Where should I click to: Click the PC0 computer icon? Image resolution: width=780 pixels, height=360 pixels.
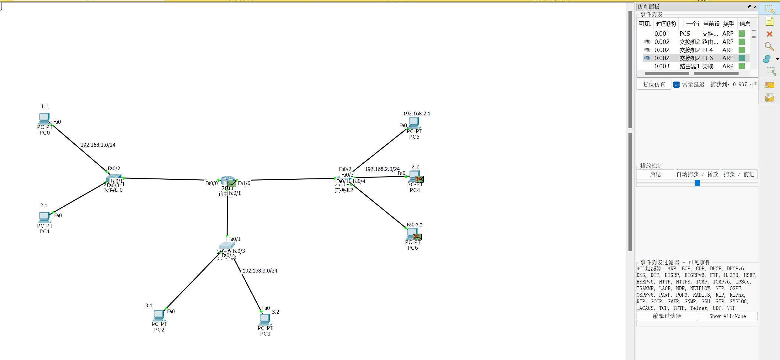coord(44,119)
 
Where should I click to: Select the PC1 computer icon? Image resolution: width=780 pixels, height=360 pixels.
coord(44,217)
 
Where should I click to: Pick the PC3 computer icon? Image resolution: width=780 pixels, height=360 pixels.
coord(265,319)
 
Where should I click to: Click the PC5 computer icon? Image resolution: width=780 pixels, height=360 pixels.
coord(414,122)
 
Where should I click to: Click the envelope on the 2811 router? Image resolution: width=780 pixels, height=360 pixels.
coord(232,183)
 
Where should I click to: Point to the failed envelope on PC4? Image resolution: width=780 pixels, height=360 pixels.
coord(419,179)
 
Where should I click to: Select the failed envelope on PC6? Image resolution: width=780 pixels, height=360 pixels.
coord(417,237)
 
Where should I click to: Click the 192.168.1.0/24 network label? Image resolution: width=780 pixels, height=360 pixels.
coord(98,145)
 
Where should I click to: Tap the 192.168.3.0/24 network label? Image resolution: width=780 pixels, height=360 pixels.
coord(260,271)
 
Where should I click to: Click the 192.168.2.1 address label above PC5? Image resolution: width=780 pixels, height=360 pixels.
coord(416,114)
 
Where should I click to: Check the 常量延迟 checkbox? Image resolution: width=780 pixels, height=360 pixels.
coord(676,85)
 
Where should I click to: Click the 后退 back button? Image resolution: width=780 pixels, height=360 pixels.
coord(655,174)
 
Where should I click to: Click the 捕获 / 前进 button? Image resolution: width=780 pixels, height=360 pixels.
coord(739,174)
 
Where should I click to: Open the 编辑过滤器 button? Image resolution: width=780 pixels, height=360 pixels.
coord(667,316)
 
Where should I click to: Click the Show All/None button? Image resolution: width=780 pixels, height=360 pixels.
coord(727,316)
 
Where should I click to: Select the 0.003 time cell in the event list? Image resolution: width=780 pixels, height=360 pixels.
coord(662,66)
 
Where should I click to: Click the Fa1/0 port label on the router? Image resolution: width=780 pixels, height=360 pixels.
coord(244,183)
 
